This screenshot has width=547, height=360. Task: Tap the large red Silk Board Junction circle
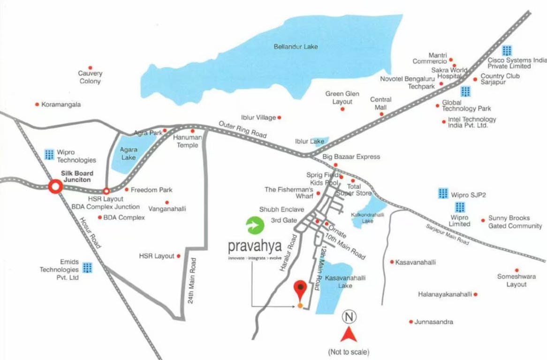pyautogui.click(x=55, y=187)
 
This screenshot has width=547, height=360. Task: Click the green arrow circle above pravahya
pyautogui.click(x=255, y=225)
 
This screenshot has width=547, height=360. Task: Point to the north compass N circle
pyautogui.click(x=349, y=317)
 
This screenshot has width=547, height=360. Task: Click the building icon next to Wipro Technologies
pyautogui.click(x=49, y=154)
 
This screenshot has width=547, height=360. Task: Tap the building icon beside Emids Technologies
pyautogui.click(x=87, y=267)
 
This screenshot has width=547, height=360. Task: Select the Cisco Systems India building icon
pyautogui.click(x=507, y=51)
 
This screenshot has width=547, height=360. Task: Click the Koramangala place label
pyautogui.click(x=61, y=105)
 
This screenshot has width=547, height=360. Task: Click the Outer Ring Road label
pyautogui.click(x=243, y=129)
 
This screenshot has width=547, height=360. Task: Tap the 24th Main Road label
pyautogui.click(x=191, y=281)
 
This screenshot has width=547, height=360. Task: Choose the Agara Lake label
pyautogui.click(x=129, y=154)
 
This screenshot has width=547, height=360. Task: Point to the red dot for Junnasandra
pyautogui.click(x=411, y=322)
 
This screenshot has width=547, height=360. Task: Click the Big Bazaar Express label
pyautogui.click(x=351, y=157)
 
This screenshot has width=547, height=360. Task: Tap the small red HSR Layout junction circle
pyautogui.click(x=106, y=191)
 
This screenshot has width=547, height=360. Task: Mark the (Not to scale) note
pyautogui.click(x=349, y=352)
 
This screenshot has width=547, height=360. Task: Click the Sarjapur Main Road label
pyautogui.click(x=447, y=234)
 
